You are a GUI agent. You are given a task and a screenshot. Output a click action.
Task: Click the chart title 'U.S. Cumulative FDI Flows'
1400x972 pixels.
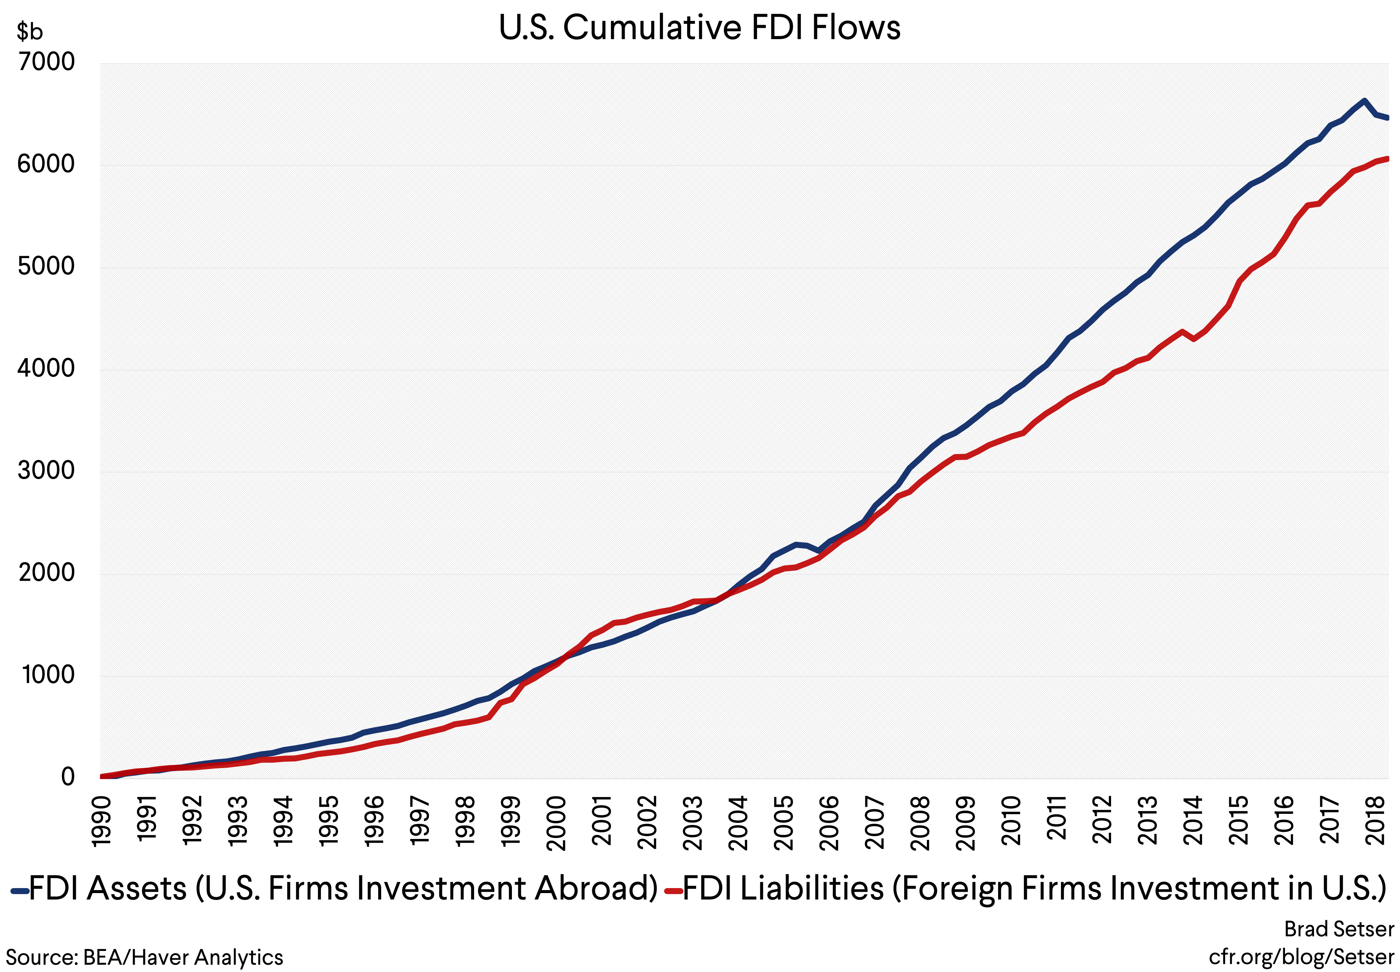699,28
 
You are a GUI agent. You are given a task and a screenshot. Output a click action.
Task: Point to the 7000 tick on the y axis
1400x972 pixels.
46,62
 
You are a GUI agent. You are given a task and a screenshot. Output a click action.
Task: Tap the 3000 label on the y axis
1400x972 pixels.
46,471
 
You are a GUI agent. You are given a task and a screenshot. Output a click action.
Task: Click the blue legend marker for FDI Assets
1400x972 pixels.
19,891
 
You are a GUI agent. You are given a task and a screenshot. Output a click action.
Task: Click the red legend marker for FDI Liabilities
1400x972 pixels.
673,891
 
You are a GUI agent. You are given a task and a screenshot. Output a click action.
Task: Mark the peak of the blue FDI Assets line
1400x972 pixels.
1364,101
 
